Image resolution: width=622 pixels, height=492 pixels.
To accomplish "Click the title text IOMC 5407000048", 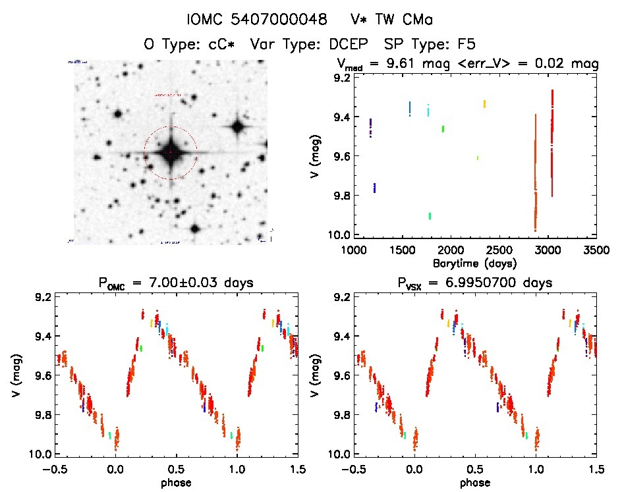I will coord(257,20).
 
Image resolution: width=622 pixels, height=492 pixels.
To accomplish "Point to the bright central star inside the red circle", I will coord(171,153).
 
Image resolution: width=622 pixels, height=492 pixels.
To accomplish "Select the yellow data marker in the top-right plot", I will coord(484,103).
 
